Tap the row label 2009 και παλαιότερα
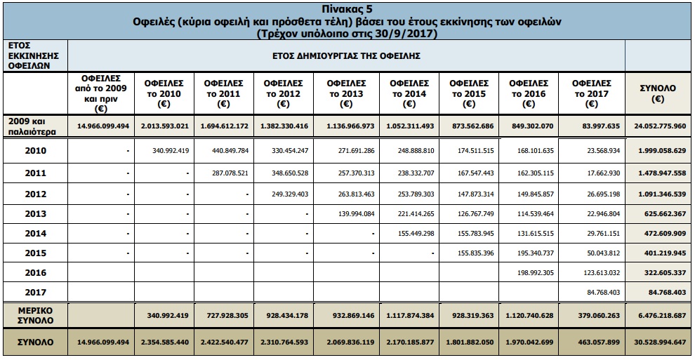pos(33,126)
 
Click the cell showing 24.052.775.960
pos(658,126)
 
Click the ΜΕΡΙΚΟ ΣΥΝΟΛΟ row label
pos(35,314)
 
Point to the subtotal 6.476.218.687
pos(658,315)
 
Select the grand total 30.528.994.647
pos(658,342)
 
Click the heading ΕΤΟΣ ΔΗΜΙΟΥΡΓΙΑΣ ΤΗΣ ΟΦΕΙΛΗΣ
pos(345,54)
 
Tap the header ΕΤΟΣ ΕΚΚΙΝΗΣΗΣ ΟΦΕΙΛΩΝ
pos(33,54)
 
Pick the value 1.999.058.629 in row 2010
pos(658,151)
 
